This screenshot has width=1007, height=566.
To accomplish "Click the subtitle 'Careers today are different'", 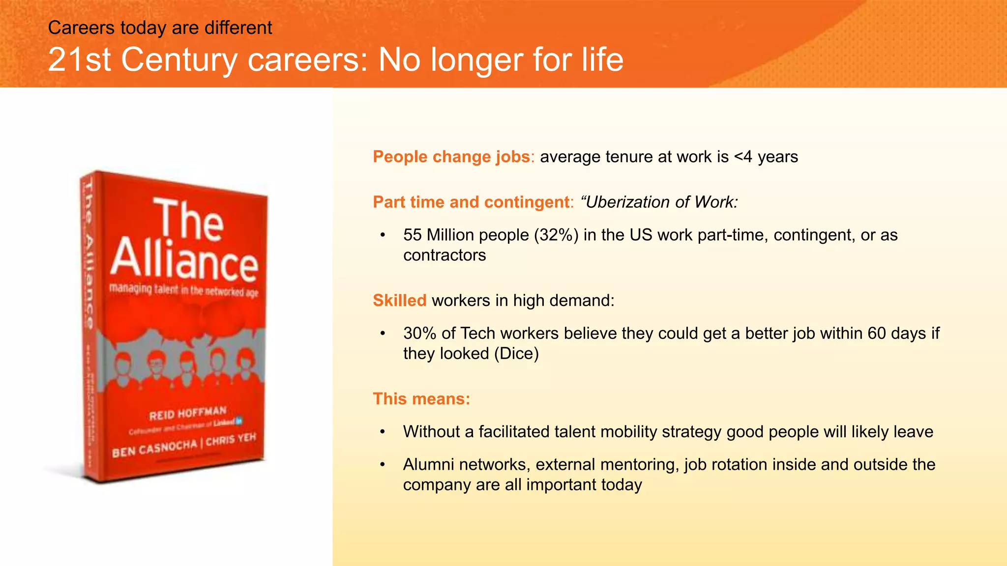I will (160, 28).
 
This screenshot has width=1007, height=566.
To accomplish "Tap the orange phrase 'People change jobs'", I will (451, 157).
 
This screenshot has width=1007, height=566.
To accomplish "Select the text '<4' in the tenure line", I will (743, 157).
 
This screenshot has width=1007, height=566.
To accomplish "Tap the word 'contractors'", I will (444, 255).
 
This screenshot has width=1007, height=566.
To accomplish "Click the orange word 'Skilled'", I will (399, 300).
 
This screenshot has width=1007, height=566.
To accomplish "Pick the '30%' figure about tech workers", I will (419, 333).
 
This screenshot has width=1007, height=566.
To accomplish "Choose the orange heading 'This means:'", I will (421, 398).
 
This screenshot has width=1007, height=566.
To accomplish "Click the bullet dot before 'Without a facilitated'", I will (383, 432).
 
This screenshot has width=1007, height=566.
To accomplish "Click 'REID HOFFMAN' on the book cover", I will (188, 413).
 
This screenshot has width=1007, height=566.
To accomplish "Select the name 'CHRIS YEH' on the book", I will (231, 440).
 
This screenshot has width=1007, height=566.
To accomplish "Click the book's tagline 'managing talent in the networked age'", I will (183, 290).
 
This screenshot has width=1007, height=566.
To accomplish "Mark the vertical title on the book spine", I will (88, 255).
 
